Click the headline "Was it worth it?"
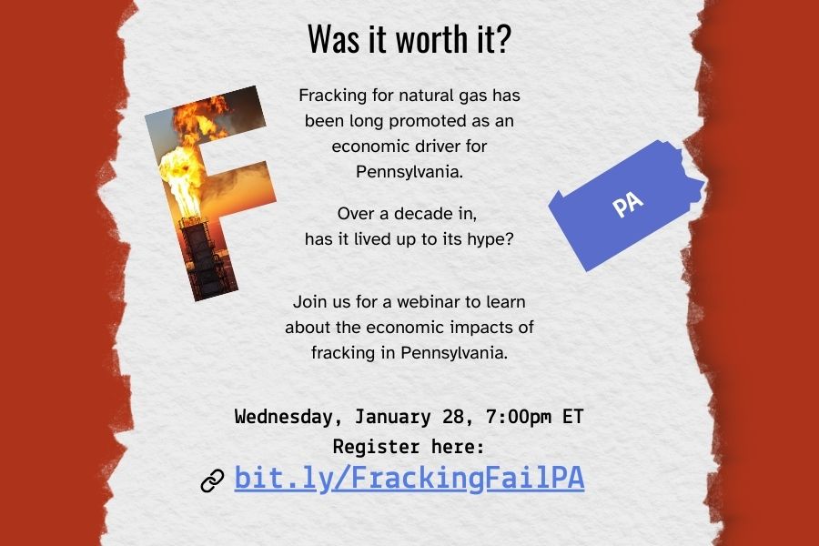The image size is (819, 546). click(x=409, y=39)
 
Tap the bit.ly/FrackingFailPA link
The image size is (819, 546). click(x=409, y=479)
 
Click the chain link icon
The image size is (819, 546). click(x=212, y=480)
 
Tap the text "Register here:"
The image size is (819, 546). click(x=409, y=447)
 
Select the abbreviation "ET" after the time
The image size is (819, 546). click(x=572, y=418)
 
